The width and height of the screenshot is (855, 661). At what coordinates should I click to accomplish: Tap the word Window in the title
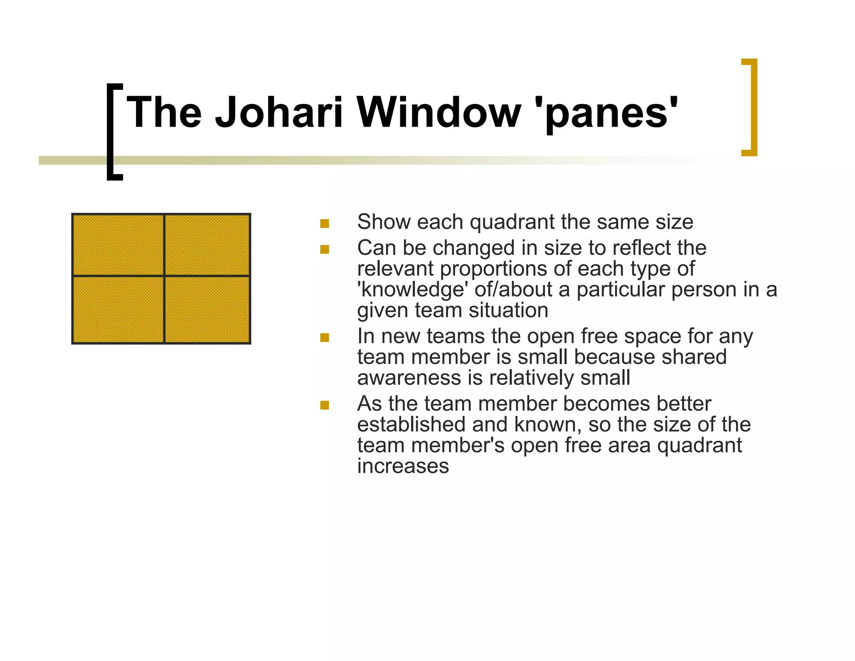point(438,112)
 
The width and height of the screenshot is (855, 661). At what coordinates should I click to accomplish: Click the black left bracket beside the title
point(111,132)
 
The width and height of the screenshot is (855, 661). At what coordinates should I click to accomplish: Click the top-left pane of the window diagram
point(118,245)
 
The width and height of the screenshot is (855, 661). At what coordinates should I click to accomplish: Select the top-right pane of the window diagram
point(207,245)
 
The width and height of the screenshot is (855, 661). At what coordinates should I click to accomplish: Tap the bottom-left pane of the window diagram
point(118,310)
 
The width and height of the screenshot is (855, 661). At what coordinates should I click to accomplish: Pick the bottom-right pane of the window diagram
point(207,310)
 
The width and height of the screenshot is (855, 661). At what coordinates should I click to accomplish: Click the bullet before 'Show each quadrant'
point(324,224)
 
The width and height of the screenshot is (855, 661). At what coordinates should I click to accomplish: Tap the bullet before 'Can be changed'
point(324,249)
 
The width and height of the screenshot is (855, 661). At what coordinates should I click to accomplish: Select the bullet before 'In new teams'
point(324,337)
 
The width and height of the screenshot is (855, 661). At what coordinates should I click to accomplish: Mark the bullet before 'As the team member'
point(324,405)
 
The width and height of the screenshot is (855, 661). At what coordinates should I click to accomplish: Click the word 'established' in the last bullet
point(411,425)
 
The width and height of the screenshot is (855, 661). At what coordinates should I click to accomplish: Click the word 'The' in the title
point(164,112)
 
